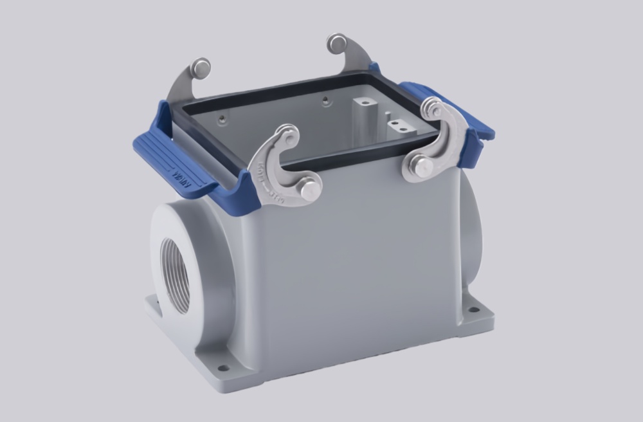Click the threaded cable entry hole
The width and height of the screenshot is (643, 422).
[176, 274]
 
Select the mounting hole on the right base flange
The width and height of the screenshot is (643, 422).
[474, 309]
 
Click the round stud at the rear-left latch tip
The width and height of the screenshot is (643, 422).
[202, 68]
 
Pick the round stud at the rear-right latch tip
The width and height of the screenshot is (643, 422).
[336, 44]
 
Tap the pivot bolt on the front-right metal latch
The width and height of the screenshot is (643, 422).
[422, 167]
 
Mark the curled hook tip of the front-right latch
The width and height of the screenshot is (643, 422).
[432, 109]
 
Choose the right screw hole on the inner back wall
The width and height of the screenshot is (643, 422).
[326, 100]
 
